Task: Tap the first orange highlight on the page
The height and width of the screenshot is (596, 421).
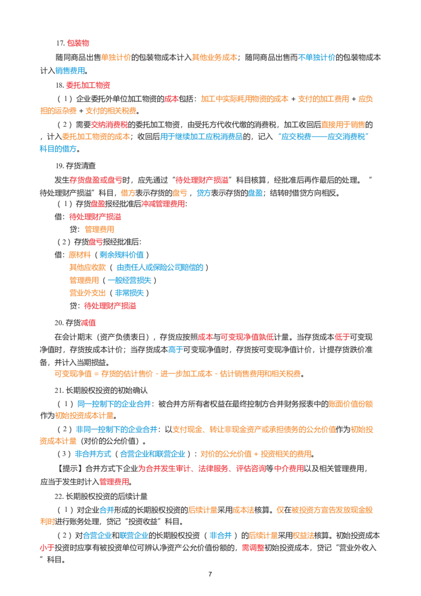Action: point(116,57)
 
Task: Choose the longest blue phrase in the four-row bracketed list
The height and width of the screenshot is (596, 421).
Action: point(160,267)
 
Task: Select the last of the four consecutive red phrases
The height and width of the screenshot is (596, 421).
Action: point(288,468)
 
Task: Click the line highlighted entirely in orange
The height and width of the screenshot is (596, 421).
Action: point(179,374)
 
